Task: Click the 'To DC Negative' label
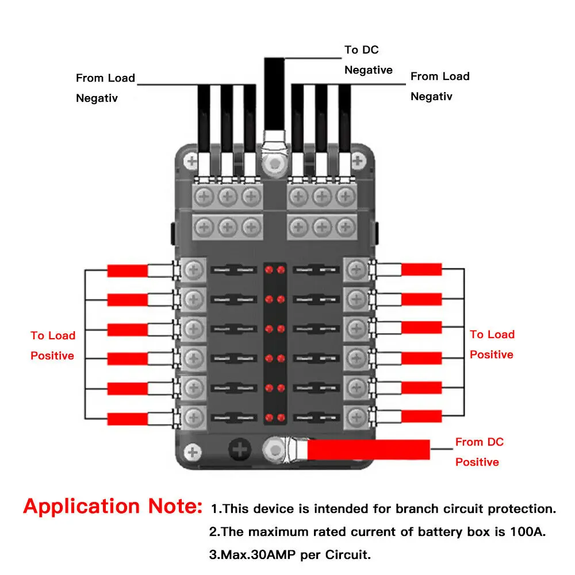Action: point(368,60)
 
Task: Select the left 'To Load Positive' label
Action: point(52,346)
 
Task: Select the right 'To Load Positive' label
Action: point(492,344)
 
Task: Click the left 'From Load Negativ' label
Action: point(105,88)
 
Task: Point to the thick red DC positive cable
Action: point(368,449)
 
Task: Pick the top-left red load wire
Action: point(127,270)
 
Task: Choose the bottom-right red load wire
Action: point(421,416)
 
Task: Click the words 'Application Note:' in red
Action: point(113,507)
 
